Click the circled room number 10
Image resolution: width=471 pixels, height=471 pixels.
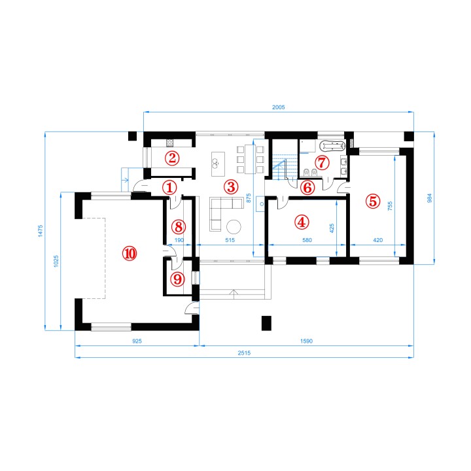click(x=130, y=254)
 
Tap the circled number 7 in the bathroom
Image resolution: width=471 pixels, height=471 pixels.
click(x=322, y=162)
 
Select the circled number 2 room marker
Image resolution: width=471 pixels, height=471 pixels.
click(x=172, y=158)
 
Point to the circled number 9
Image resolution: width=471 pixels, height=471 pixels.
click(x=177, y=279)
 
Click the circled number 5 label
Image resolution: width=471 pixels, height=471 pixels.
click(x=373, y=201)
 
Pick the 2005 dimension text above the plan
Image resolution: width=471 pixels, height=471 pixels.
click(x=279, y=107)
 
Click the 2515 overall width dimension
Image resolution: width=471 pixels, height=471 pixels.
click(x=244, y=353)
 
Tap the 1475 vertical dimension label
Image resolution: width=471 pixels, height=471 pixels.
click(x=41, y=231)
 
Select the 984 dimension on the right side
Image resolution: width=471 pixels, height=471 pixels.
click(x=430, y=198)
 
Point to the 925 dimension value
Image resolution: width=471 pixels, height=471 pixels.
click(x=137, y=341)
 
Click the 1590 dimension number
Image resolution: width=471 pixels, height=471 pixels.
click(x=306, y=341)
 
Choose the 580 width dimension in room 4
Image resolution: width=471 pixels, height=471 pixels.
click(x=307, y=240)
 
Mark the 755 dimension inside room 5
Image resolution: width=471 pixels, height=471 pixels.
click(x=390, y=206)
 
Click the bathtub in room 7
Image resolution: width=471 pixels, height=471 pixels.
click(x=333, y=147)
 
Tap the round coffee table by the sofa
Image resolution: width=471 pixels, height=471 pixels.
click(x=234, y=227)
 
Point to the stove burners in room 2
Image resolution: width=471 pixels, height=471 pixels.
click(x=170, y=143)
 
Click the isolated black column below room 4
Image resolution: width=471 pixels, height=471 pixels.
click(x=266, y=323)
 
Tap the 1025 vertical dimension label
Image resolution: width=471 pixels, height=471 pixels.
click(x=56, y=261)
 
